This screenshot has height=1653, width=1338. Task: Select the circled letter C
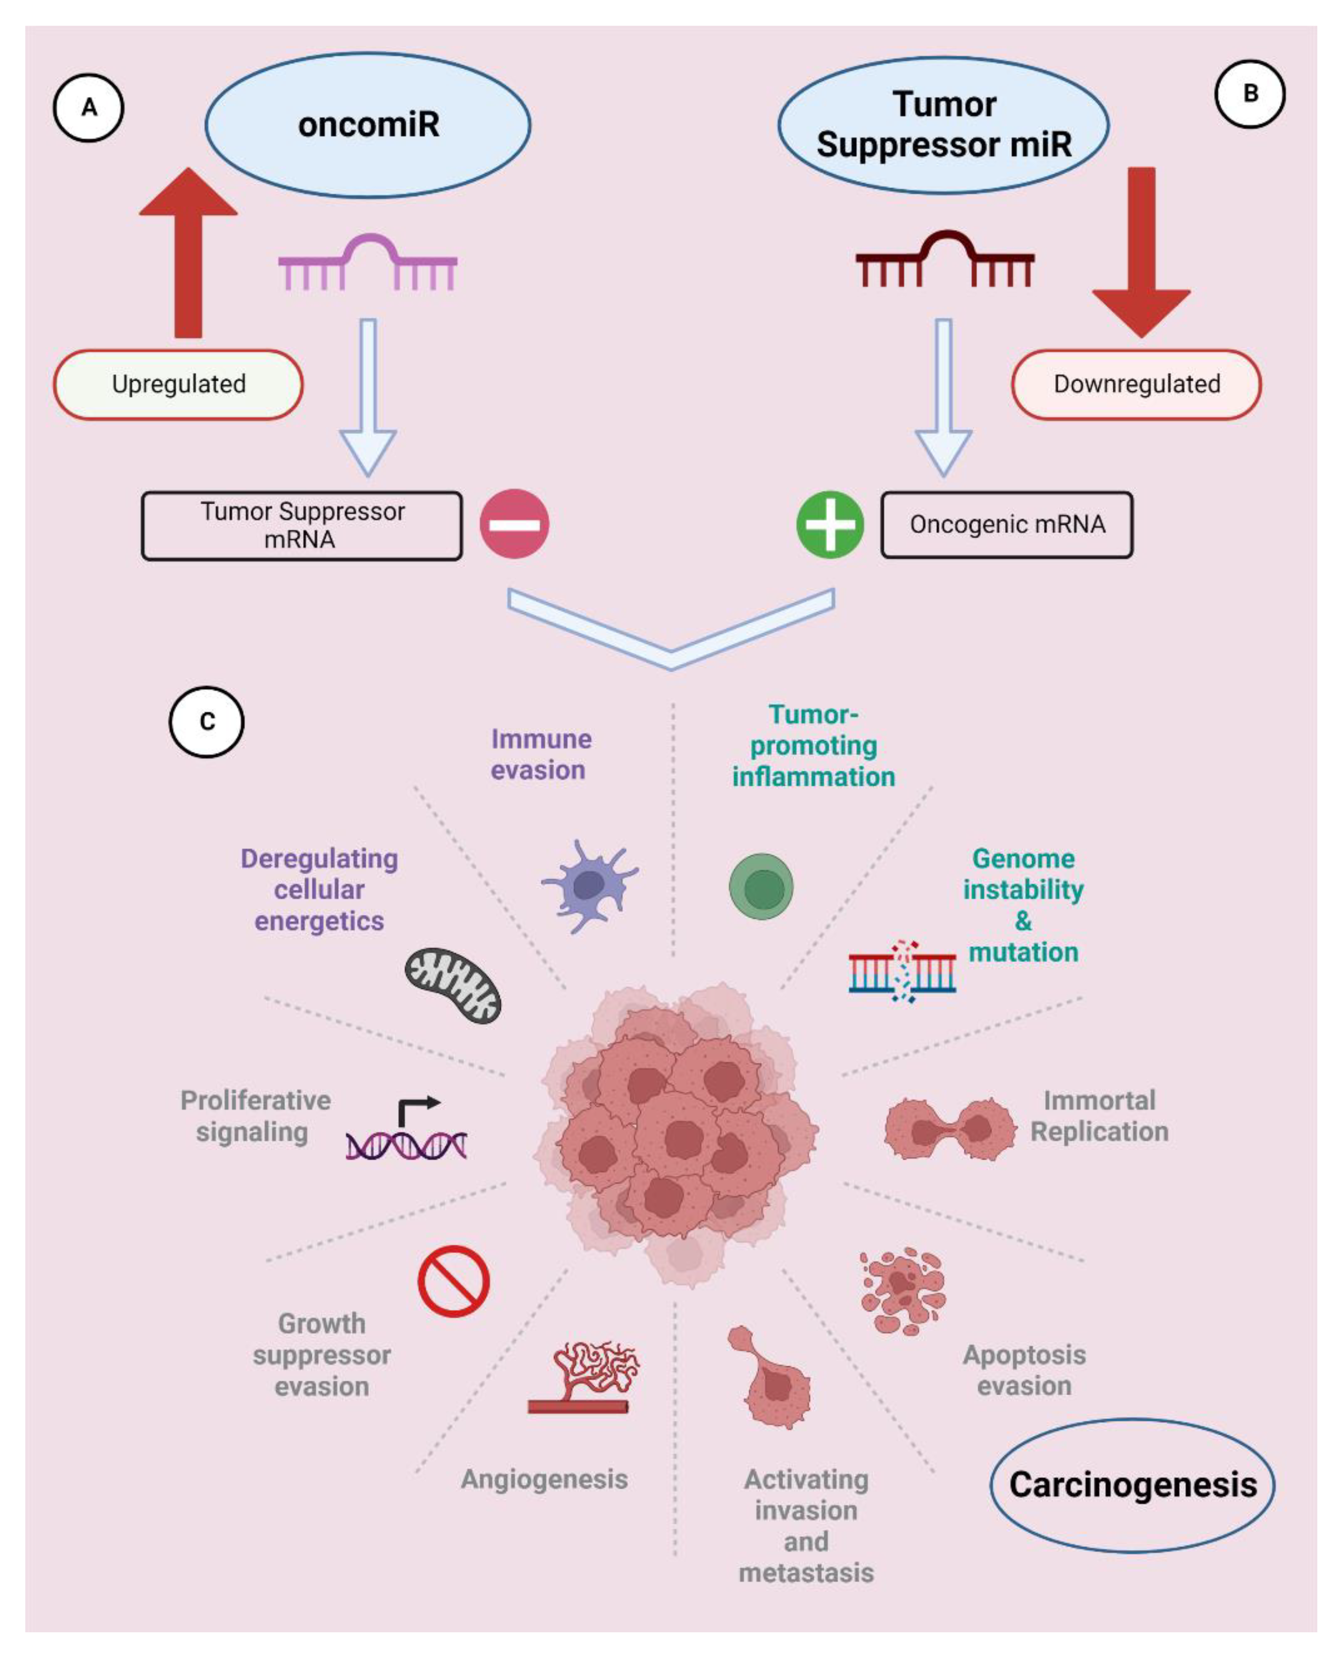point(206,722)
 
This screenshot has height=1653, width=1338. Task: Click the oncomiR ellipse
point(368,125)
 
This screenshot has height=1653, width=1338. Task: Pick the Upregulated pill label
point(178,384)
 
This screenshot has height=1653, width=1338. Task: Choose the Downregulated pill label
point(1136,384)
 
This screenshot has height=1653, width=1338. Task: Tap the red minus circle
point(514,524)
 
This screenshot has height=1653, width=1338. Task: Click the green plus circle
point(830,524)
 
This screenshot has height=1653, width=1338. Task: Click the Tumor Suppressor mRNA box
point(302,525)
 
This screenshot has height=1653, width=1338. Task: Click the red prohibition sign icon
point(453,1281)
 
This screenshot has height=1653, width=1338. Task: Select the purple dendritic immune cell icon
point(589,886)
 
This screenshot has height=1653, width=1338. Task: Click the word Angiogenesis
point(544,1479)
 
